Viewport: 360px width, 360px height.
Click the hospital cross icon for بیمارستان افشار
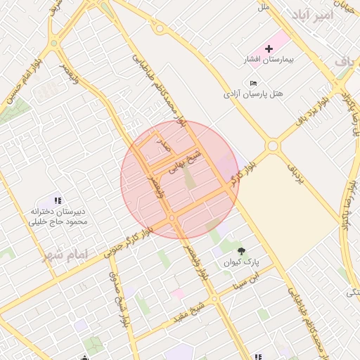point(269,48)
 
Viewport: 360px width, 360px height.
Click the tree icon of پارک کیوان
point(242,250)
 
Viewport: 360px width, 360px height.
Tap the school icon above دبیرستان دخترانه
point(58,201)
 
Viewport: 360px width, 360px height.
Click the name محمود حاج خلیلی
point(58,221)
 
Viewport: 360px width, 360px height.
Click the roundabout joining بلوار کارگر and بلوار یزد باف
point(273,146)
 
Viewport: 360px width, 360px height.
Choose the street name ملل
point(264,7)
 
